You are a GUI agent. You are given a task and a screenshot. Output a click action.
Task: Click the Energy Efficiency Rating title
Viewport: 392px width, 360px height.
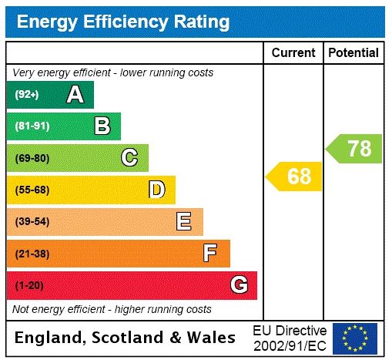point(123,22)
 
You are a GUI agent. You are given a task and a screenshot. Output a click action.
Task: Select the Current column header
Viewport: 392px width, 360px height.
point(293,53)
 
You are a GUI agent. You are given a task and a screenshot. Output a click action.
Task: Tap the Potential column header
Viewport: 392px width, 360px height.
point(353,53)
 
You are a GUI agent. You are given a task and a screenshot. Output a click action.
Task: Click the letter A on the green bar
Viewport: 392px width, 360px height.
point(75,95)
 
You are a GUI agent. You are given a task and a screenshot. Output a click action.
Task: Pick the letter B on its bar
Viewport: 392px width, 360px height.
point(102,126)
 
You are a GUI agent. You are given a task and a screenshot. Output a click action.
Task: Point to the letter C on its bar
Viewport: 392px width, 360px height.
point(129,158)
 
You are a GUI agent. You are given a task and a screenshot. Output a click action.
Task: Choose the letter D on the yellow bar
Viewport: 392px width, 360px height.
point(156,190)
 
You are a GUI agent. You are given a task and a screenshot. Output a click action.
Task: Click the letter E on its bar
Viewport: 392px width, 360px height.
point(184,222)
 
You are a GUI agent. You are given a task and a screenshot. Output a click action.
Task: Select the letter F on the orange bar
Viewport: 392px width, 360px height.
point(210,253)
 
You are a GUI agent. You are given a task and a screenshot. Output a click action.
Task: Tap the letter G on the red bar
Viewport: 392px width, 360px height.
point(239,285)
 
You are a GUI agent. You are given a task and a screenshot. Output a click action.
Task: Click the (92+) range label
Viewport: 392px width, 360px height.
point(27,95)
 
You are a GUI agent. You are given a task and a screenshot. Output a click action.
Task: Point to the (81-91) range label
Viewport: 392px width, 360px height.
point(32,126)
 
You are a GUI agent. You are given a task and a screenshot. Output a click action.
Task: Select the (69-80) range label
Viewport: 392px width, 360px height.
point(32,158)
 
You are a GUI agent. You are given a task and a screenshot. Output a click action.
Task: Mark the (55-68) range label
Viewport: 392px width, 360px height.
point(32,190)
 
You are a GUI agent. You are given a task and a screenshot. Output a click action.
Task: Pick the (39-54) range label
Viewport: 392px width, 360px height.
point(32,222)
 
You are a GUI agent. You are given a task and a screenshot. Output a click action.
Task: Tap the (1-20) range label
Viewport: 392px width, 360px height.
point(29,286)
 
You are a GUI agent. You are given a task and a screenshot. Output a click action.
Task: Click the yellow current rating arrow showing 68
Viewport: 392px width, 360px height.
point(295,177)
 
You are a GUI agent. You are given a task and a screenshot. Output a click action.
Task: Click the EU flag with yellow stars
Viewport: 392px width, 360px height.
point(355,338)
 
